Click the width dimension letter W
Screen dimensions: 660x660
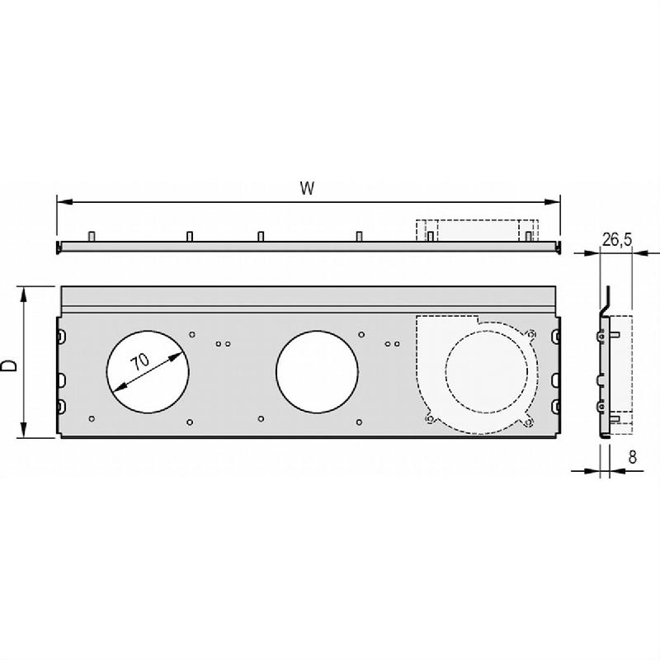(x=307, y=188)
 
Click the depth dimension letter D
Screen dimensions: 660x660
(x=9, y=365)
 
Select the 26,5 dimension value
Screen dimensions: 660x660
(x=617, y=239)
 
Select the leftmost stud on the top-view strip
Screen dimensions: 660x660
(x=93, y=237)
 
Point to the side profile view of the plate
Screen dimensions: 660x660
(x=606, y=363)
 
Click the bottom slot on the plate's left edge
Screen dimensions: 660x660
(x=62, y=405)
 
